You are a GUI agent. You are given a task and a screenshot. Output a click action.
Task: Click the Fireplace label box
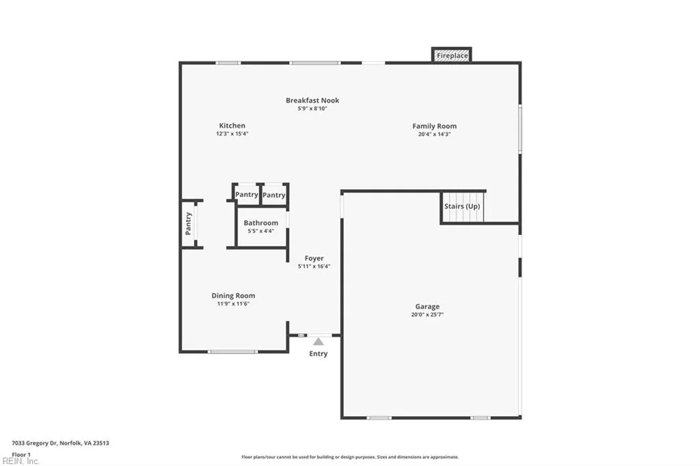tap(452, 55)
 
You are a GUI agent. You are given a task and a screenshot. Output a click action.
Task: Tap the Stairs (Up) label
tap(462, 206)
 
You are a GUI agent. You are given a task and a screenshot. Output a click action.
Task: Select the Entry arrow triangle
tap(318, 341)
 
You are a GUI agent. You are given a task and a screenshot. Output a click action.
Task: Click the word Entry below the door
tap(318, 354)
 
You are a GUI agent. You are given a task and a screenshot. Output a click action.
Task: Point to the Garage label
tap(427, 307)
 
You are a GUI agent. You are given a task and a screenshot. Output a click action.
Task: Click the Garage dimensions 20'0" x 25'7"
tap(427, 315)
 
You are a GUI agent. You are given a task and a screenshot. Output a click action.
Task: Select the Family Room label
tap(434, 126)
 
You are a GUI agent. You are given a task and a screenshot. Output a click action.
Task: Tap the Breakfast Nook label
tap(312, 100)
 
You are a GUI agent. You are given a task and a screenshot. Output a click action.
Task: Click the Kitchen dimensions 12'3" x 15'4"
tap(232, 134)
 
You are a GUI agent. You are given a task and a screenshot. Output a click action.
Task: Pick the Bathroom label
tap(260, 223)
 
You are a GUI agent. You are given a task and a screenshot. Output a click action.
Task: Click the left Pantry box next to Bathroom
tap(246, 195)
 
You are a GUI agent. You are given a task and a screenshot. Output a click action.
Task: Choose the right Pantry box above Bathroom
tap(274, 195)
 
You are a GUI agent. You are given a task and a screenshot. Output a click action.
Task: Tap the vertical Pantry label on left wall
tap(189, 223)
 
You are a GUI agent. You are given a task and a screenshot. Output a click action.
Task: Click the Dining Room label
tap(233, 296)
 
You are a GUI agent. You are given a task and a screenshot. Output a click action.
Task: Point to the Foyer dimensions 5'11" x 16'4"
tap(314, 266)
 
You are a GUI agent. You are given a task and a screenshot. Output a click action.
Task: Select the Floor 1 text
tap(21, 454)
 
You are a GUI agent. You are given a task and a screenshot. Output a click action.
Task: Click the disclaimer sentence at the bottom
tap(349, 457)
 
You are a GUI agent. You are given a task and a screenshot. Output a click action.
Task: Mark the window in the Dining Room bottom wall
tap(232, 352)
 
